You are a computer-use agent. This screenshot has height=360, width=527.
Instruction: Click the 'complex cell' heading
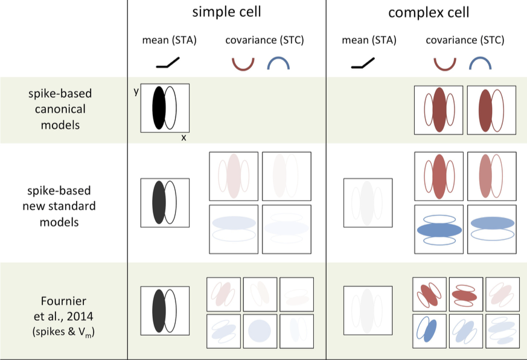[429, 12]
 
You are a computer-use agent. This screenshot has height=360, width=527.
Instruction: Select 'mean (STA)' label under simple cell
[170, 40]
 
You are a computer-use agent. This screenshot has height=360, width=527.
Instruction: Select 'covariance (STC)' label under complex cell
[465, 40]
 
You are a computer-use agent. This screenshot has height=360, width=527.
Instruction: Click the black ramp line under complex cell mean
[362, 62]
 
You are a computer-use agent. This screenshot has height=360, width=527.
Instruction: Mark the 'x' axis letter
[184, 138]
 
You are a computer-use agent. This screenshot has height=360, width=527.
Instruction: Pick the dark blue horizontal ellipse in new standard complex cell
[439, 230]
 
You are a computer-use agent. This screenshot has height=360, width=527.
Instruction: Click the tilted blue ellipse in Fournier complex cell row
[430, 330]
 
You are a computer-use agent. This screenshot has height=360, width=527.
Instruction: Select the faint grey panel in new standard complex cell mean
[368, 202]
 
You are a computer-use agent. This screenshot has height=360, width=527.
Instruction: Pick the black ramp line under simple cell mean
[168, 62]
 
